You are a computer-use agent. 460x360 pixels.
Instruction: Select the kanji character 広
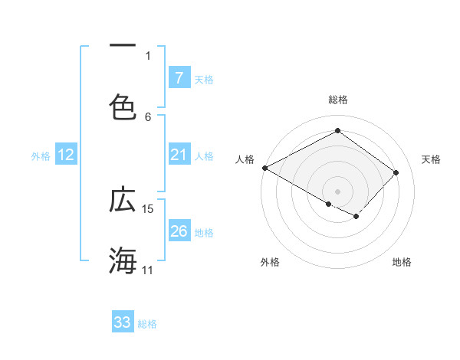pos(123,200)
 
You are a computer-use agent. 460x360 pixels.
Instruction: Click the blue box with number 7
pos(179,77)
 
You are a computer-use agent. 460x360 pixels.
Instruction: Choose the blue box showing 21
pos(179,155)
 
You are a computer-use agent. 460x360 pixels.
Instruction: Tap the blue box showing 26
pos(179,231)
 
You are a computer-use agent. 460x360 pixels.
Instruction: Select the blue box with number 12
pos(66,155)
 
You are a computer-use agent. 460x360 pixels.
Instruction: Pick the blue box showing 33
pos(123,322)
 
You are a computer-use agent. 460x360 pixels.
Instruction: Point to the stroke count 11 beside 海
pos(148,270)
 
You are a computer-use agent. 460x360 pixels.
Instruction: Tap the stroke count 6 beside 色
pos(148,116)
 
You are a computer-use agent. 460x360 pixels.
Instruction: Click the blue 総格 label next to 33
pos(147,323)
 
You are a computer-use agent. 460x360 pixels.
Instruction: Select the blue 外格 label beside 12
pos(41,155)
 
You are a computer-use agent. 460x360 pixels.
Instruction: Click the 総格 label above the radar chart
pos(337,100)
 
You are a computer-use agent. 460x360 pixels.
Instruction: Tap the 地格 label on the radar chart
pos(402,262)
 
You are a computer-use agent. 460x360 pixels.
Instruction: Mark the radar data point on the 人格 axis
pos(264,168)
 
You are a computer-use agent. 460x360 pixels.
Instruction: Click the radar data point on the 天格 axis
pos(396,172)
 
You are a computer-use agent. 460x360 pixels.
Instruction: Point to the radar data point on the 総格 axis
pos(337,131)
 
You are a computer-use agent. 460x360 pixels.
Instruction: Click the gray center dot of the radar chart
pos(337,191)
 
